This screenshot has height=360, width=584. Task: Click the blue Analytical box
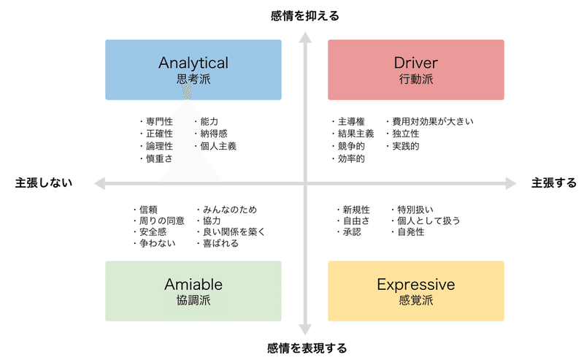click(193, 69)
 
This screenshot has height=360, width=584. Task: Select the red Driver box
click(415, 69)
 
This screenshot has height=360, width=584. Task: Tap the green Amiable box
click(193, 291)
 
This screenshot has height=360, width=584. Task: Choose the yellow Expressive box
click(415, 291)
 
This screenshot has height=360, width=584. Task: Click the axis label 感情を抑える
click(304, 16)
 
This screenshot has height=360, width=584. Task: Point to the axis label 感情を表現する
click(307, 348)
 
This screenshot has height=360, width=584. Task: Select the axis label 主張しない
click(44, 183)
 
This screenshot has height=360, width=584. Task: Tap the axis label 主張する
click(554, 183)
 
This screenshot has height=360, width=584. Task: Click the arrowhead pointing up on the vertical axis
click(305, 37)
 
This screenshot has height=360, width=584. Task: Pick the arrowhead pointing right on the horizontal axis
click(511, 183)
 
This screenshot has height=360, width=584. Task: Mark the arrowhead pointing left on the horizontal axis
click(99, 183)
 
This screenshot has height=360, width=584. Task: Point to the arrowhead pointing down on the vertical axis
click(305, 330)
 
